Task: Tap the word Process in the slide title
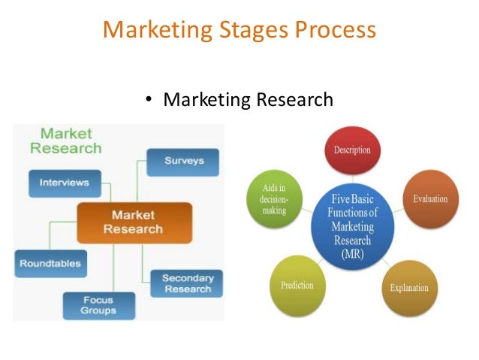333,30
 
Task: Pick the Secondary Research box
187,283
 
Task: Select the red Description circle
352,150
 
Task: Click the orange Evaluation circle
429,199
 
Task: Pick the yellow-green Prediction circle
297,286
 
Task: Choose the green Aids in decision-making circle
273,199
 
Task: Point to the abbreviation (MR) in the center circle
353,254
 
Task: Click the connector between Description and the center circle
353,180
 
